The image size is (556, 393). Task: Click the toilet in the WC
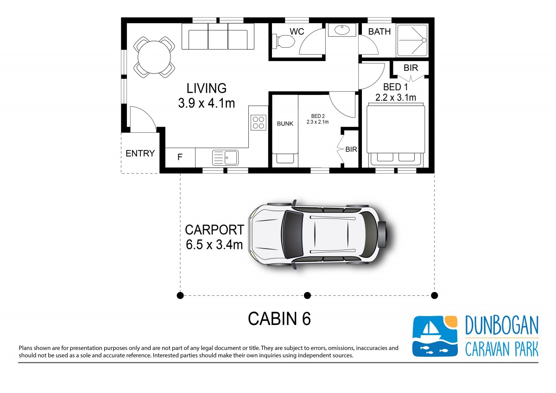tap(284, 41)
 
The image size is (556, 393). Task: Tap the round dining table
tap(154, 57)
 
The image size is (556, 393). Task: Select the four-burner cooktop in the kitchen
tap(258, 123)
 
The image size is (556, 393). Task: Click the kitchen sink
tap(225, 157)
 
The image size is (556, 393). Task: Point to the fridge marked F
tap(180, 157)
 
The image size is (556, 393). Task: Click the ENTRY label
tap(140, 154)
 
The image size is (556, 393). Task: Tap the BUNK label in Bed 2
tap(285, 124)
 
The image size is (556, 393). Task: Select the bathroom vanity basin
tap(342, 30)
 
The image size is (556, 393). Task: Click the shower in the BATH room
tap(412, 40)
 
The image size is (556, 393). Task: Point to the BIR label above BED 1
tap(411, 68)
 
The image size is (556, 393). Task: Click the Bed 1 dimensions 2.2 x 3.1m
tap(396, 98)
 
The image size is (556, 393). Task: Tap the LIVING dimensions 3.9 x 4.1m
tap(206, 103)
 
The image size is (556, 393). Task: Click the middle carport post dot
tap(307, 295)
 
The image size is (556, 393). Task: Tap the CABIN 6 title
tap(279, 318)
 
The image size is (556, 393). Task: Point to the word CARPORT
tap(215, 230)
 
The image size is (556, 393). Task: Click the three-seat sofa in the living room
tap(218, 37)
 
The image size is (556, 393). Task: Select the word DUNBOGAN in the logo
tap(502, 325)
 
